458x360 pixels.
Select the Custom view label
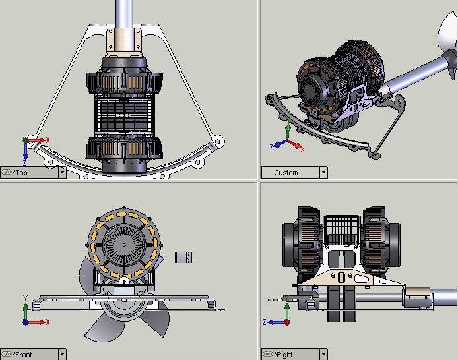tap(286, 173)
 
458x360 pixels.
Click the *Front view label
tap(22, 355)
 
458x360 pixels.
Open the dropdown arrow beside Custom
tap(323, 173)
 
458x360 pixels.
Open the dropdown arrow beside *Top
tap(62, 173)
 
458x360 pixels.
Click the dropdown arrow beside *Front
tap(62, 355)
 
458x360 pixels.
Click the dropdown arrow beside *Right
tap(323, 355)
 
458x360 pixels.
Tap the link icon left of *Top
tap(7, 173)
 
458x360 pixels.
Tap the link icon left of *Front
tap(7, 355)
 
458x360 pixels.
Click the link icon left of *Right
tap(267, 355)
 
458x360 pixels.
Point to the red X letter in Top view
tap(48, 140)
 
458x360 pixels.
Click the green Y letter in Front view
tap(24, 298)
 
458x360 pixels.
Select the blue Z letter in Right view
tap(264, 322)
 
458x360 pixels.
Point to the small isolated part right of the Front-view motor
tap(183, 257)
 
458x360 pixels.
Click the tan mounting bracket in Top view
tap(124, 43)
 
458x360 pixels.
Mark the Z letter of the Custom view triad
tap(271, 146)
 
